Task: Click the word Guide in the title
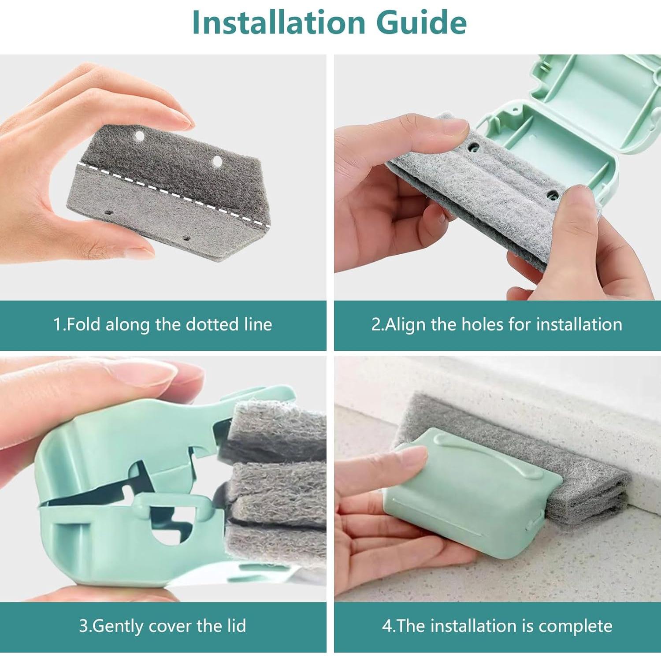422,23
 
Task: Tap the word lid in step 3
237,626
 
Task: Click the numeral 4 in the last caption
387,626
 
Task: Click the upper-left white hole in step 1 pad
140,136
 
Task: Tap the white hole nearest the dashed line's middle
217,161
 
